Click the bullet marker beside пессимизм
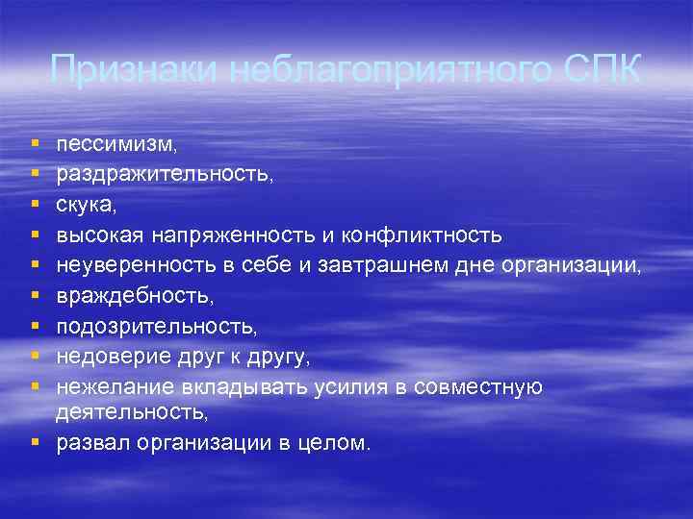36,145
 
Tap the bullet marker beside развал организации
36,443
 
